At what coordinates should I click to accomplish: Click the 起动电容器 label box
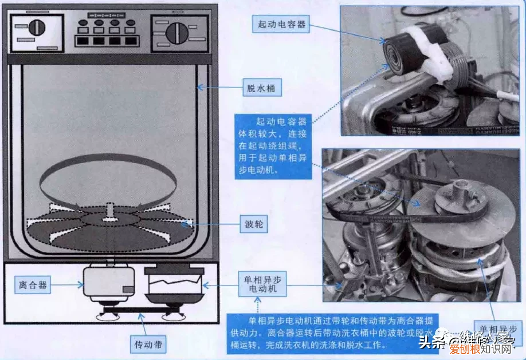tap(281, 24)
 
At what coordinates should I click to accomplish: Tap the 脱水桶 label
tap(260, 88)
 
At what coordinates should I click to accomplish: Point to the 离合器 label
tap(33, 284)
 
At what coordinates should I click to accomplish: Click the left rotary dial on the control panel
tap(37, 27)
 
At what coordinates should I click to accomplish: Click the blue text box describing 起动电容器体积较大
tap(273, 145)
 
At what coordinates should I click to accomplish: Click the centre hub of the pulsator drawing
tap(109, 218)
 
